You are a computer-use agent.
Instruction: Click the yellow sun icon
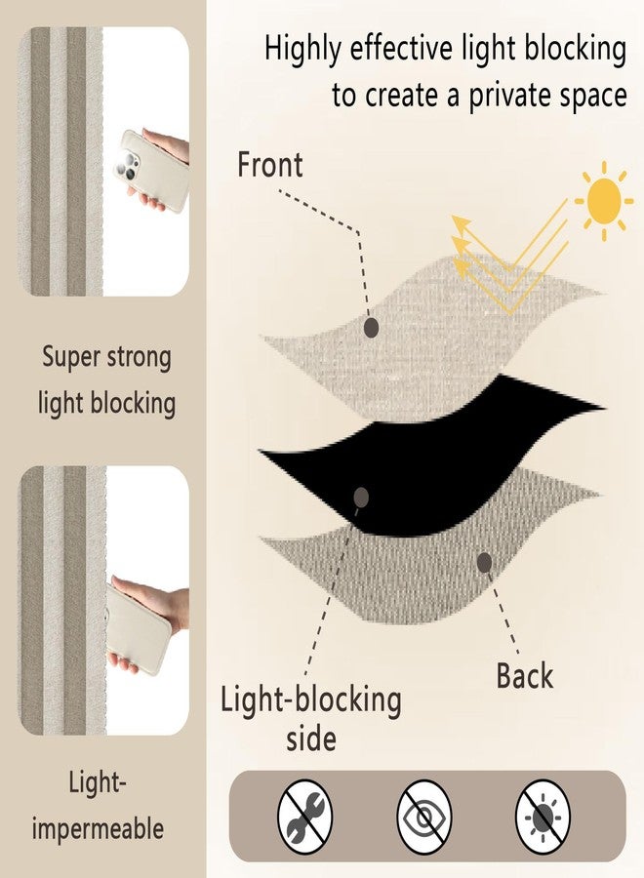tap(604, 201)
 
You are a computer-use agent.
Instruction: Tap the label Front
tap(270, 165)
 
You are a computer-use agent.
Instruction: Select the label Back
tap(525, 675)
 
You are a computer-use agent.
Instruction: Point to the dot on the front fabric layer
tap(371, 328)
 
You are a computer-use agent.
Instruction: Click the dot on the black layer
tap(362, 497)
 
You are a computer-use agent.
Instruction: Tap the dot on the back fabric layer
tap(485, 563)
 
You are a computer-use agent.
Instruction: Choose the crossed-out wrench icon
tap(305, 817)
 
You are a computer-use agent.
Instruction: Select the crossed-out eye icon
tap(423, 817)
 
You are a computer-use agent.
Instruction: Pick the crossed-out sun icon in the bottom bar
tap(543, 817)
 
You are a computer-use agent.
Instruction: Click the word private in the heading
tap(507, 96)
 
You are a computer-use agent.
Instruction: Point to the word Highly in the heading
tap(302, 50)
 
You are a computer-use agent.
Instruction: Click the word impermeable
tap(98, 829)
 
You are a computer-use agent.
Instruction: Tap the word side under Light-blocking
tap(311, 738)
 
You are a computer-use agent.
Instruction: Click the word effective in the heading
tap(401, 48)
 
